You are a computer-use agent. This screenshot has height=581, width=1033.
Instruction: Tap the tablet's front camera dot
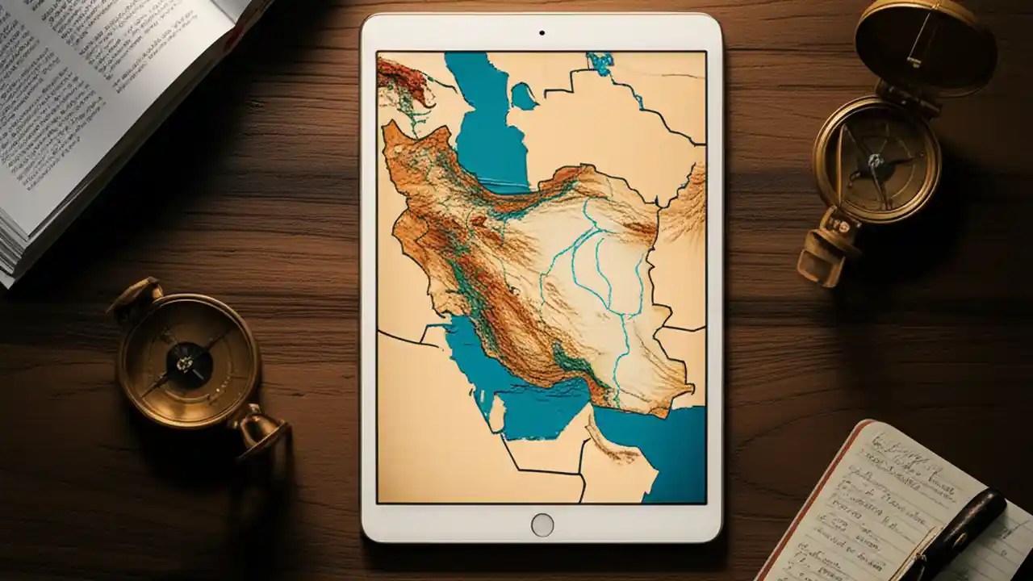tap(542, 33)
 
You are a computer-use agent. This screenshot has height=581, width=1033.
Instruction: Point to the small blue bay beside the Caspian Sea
tap(523, 97)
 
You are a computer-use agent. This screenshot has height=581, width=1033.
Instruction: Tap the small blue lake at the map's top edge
tap(600, 62)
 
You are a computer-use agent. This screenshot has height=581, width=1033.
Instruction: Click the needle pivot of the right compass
tap(876, 161)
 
